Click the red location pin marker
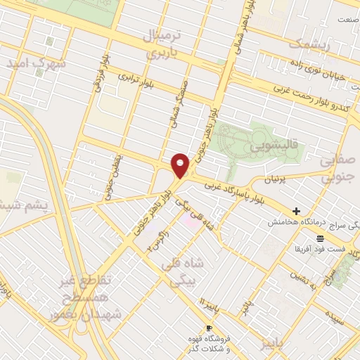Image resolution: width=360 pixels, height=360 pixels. pos(181,165)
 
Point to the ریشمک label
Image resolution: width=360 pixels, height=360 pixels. pos(308,44)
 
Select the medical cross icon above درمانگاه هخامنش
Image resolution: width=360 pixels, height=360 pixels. pos(297,211)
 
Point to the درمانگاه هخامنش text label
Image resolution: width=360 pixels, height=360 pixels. pos(295,222)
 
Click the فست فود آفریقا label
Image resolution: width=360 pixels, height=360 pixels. pos(320,250)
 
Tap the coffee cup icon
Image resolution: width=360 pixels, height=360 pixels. pos(209,328)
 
